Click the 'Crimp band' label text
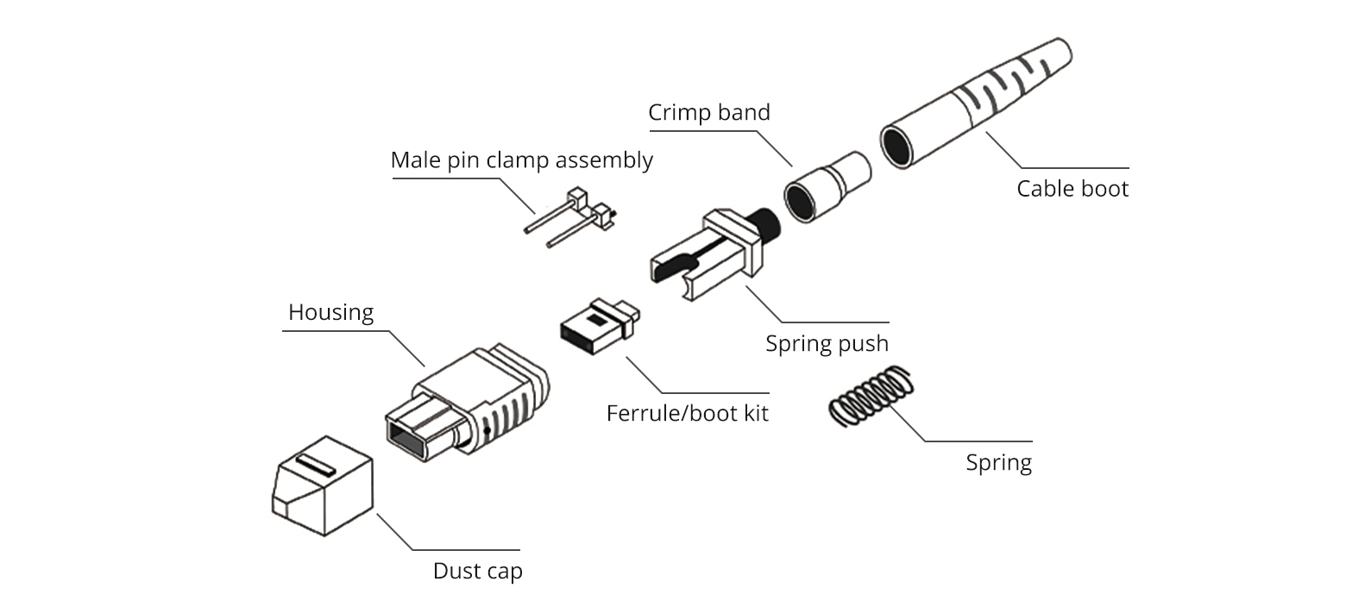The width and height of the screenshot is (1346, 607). coord(709,113)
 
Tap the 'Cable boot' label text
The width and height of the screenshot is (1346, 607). coord(1072,189)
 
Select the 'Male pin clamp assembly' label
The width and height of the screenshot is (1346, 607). coord(521,160)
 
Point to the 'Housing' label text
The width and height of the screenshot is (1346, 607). coord(330,312)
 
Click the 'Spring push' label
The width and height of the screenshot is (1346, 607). coord(827,344)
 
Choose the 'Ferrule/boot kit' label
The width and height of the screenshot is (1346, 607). coord(687,413)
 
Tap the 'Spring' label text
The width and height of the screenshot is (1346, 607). coord(998,463)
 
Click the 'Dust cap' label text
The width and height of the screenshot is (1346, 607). coord(477,571)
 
